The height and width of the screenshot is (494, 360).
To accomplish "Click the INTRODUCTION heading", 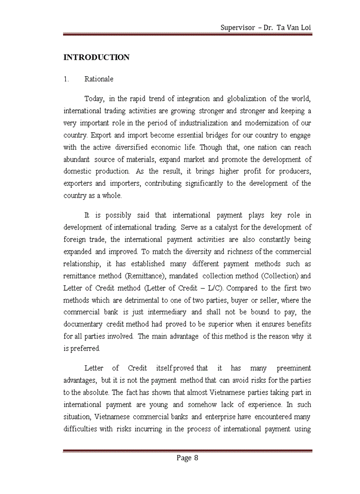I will coord(96,57).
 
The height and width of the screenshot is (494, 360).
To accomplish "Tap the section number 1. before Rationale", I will coord(66,79).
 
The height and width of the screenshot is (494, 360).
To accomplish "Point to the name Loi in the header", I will coord(305,27).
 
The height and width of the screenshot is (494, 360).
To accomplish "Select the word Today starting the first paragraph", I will coord(94,99).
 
